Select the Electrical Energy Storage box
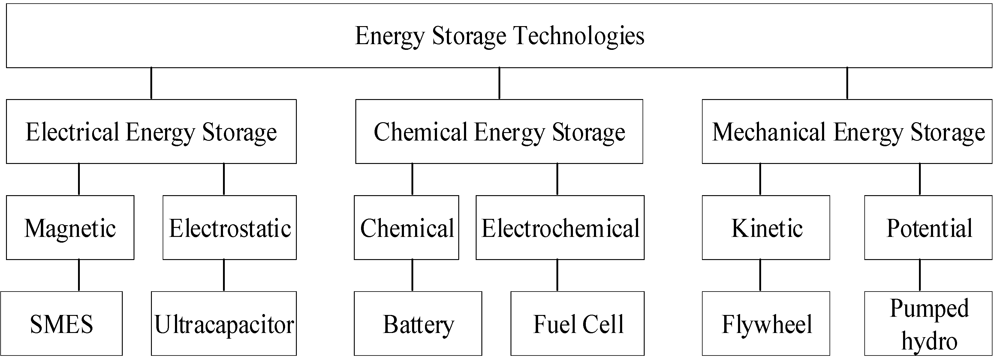pyautogui.click(x=151, y=132)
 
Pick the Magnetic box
pyautogui.click(x=70, y=228)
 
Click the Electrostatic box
pyautogui.click(x=230, y=228)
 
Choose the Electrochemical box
pyautogui.click(x=560, y=228)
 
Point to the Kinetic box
pyautogui.click(x=766, y=228)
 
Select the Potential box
pyautogui.click(x=929, y=228)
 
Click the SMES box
pyautogui.click(x=62, y=324)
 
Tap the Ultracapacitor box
pyautogui.click(x=224, y=324)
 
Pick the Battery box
pyautogui.click(x=418, y=324)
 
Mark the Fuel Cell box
pyautogui.click(x=577, y=324)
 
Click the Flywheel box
pyautogui.click(x=766, y=324)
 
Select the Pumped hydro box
pyautogui.click(x=929, y=324)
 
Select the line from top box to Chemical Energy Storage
pyautogui.click(x=499, y=83)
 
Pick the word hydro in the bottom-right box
pyautogui.click(x=929, y=341)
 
